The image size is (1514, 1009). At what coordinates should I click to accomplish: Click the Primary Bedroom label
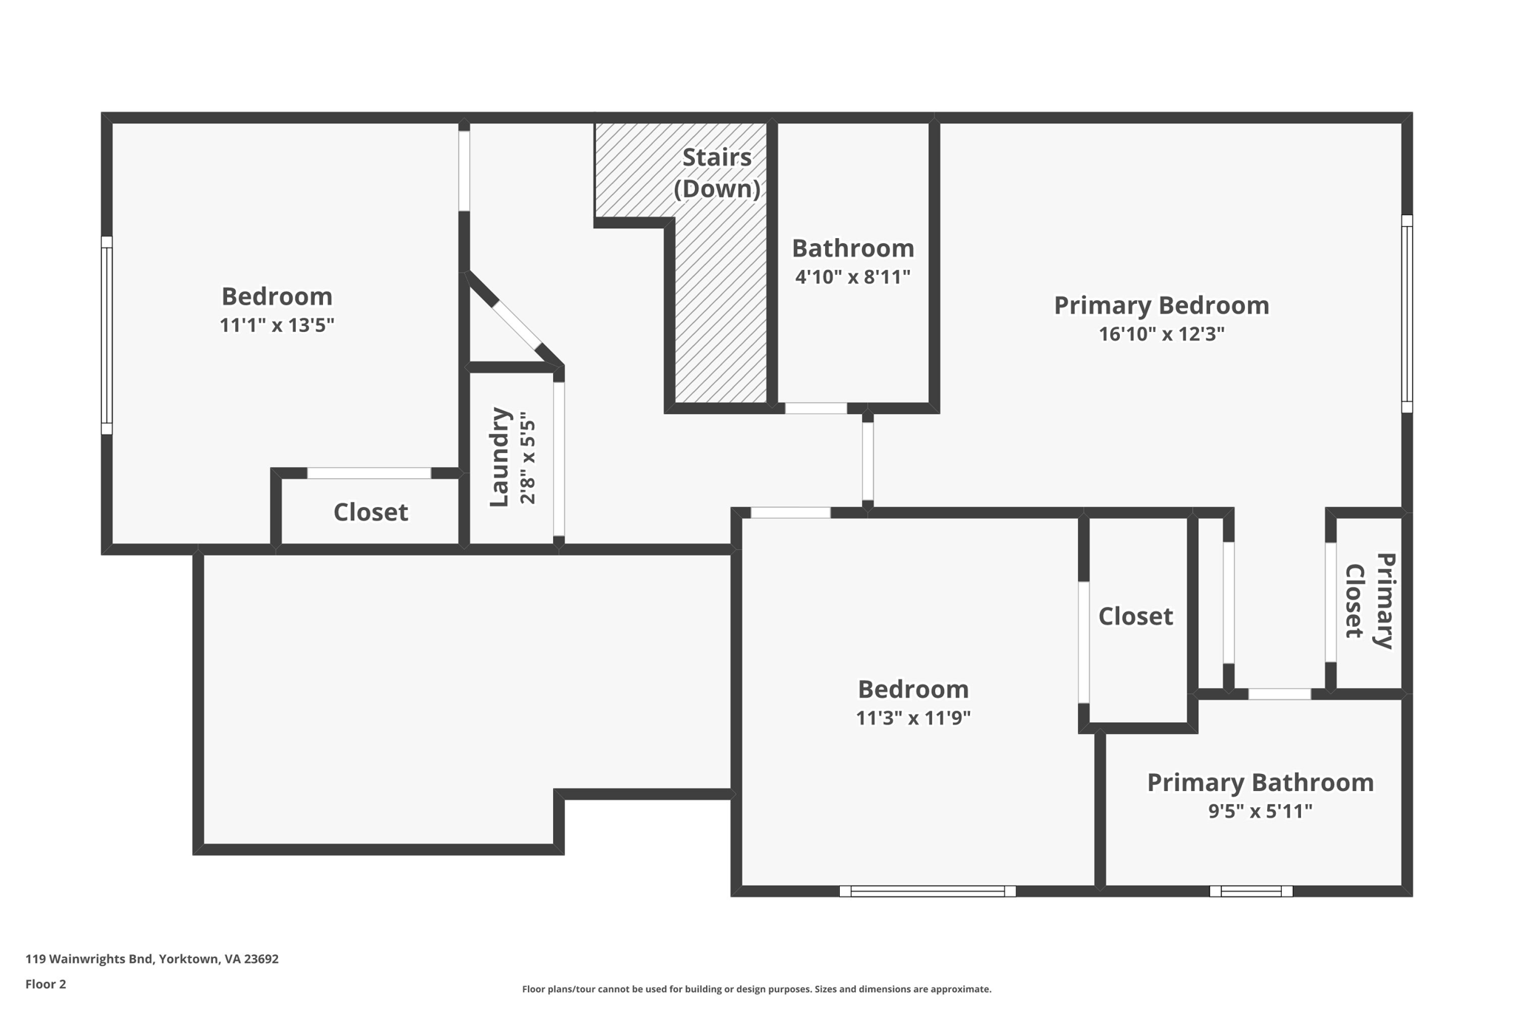pyautogui.click(x=1161, y=305)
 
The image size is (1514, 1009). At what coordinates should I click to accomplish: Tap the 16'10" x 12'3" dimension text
pyautogui.click(x=1161, y=334)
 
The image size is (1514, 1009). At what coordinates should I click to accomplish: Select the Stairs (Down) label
pyautogui.click(x=717, y=173)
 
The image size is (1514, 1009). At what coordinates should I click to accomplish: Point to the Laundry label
pyautogui.click(x=500, y=457)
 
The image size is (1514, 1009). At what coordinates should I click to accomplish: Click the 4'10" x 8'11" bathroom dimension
pyautogui.click(x=852, y=277)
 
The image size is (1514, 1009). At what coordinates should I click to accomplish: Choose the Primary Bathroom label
pyautogui.click(x=1260, y=783)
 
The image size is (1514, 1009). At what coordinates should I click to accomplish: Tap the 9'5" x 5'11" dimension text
pyautogui.click(x=1260, y=812)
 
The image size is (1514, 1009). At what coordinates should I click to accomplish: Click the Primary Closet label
pyautogui.click(x=1369, y=601)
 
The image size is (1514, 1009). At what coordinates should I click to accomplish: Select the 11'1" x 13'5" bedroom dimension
pyautogui.click(x=276, y=325)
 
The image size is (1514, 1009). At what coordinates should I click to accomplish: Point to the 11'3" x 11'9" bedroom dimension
pyautogui.click(x=913, y=718)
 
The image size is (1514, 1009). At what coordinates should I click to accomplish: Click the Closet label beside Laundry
pyautogui.click(x=370, y=512)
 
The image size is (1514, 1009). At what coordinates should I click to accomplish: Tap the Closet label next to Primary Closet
pyautogui.click(x=1135, y=616)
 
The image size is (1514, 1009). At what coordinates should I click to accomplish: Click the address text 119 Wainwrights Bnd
pyautogui.click(x=89, y=959)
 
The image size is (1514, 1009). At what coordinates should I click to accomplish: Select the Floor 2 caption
pyautogui.click(x=46, y=985)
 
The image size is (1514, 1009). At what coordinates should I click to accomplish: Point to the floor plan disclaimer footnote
pyautogui.click(x=756, y=990)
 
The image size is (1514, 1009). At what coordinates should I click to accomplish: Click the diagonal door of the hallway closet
pyautogui.click(x=516, y=324)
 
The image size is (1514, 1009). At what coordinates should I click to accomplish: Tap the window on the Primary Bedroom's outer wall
pyautogui.click(x=1407, y=313)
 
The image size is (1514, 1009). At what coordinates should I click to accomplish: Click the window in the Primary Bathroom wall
pyautogui.click(x=1251, y=891)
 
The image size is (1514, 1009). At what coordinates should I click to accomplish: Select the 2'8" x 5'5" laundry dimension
pyautogui.click(x=528, y=458)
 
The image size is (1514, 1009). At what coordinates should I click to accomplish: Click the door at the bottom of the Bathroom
pyautogui.click(x=816, y=408)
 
